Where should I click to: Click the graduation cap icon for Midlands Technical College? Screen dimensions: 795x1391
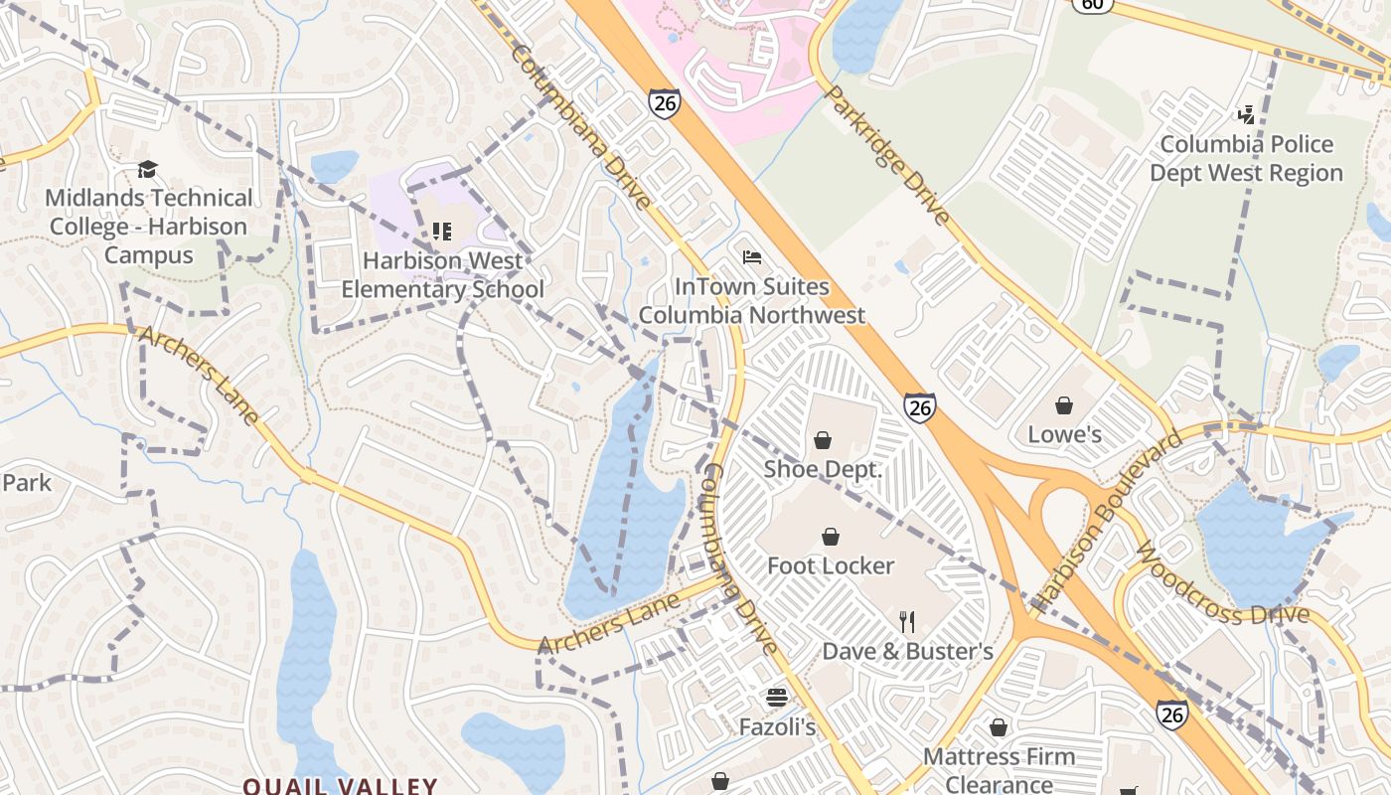[x=147, y=169]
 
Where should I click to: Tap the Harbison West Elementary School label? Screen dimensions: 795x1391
[x=442, y=275]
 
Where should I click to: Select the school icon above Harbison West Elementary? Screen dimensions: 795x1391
[x=442, y=232]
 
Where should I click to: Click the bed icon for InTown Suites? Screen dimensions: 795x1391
[x=752, y=257]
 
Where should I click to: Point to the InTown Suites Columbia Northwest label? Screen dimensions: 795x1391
[x=751, y=301]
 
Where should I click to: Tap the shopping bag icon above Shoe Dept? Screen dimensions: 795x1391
[x=823, y=440]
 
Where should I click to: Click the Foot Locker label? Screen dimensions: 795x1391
[x=831, y=565]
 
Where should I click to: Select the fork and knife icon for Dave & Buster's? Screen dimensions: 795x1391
[x=906, y=622]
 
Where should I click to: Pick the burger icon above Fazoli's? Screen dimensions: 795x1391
[x=776, y=698]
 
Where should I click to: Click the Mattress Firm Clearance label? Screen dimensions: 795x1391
[x=999, y=770]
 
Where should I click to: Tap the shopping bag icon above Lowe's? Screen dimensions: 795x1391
[x=1064, y=405]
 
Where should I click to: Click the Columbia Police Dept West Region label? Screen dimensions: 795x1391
[x=1246, y=159]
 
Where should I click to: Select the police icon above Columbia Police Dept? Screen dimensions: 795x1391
[x=1246, y=115]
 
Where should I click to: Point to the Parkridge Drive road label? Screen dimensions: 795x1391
[x=887, y=155]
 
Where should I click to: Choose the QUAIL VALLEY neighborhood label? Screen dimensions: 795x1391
[x=340, y=785]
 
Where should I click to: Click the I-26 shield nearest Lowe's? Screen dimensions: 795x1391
[x=920, y=407]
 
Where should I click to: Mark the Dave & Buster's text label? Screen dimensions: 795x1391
[x=907, y=652]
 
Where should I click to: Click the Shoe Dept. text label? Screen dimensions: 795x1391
[x=823, y=469]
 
